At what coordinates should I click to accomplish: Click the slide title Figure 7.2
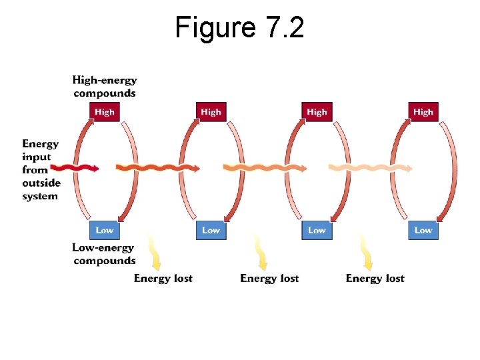tap(239, 28)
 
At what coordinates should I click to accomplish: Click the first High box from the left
tap(104, 112)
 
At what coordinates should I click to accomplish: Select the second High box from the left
tap(211, 112)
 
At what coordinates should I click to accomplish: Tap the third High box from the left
tap(317, 112)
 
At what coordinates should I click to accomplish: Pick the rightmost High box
tap(423, 112)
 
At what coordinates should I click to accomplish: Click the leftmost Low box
tap(104, 230)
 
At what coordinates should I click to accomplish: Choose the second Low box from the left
tap(211, 230)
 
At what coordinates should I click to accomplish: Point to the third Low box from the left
tap(317, 230)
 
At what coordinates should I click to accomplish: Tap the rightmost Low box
tap(423, 230)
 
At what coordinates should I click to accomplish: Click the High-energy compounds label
tap(105, 87)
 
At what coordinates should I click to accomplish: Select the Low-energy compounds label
tap(104, 254)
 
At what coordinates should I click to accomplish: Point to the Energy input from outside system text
tap(41, 169)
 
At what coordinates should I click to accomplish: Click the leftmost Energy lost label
tap(163, 278)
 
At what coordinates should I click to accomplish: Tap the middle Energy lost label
tap(269, 278)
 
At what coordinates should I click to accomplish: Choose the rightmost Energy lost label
tap(375, 278)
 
